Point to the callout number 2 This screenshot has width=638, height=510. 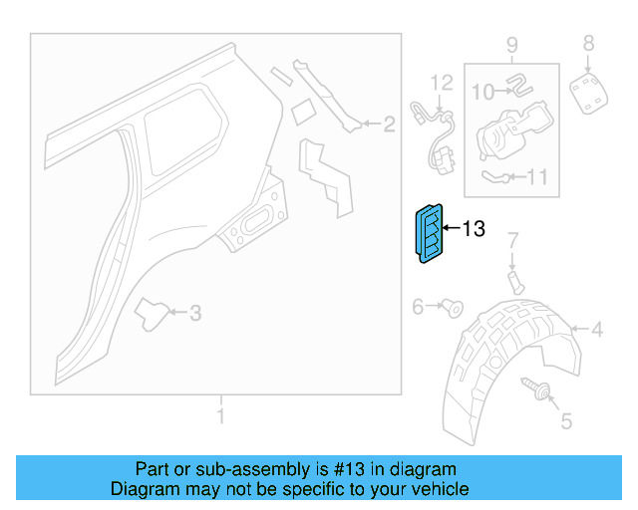coord(389,125)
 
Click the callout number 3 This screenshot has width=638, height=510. coord(195,313)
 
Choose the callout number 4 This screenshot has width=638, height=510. coord(597,330)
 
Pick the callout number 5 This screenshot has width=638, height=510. coord(566,421)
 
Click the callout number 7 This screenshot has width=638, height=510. coord(514,240)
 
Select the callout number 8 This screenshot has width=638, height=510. coord(588,43)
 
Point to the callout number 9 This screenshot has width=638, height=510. coord(511,45)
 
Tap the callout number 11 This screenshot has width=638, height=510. coord(537,178)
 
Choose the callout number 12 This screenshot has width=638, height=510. coord(441,82)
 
